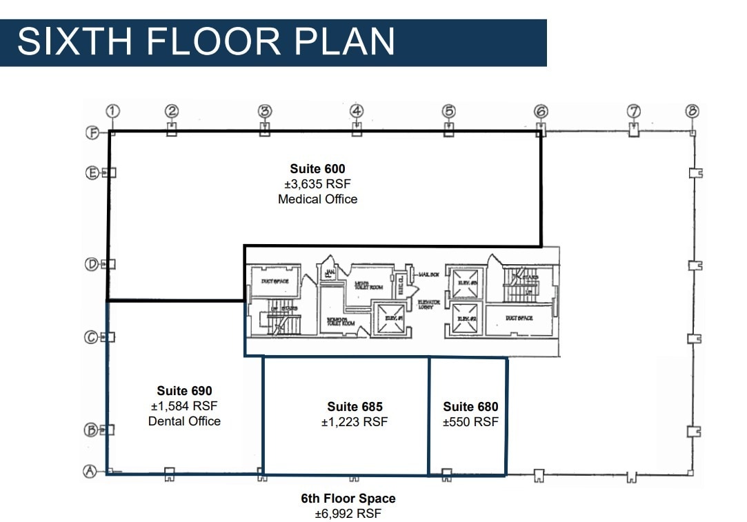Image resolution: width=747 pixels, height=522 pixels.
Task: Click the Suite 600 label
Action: coord(317,169)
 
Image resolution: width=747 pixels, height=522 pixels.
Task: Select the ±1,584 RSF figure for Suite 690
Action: coord(184,406)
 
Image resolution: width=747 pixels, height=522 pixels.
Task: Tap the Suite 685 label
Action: coord(355,407)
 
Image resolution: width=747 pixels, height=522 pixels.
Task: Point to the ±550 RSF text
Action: coord(470,422)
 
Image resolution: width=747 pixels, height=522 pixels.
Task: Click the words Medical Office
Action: coord(317,199)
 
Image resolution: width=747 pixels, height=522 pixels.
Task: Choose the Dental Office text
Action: coord(184,421)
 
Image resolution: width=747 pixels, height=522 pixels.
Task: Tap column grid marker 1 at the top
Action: coord(114,110)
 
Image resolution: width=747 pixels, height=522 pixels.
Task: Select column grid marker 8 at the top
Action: coord(693,110)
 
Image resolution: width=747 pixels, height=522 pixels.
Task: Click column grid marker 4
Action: coord(356,110)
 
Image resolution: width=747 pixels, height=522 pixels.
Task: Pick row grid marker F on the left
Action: coord(92,133)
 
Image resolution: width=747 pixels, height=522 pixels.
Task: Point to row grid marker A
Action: coord(89,472)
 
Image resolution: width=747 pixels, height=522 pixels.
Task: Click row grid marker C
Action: coord(90,337)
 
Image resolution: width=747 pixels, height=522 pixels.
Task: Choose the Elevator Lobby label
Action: coord(429,304)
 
